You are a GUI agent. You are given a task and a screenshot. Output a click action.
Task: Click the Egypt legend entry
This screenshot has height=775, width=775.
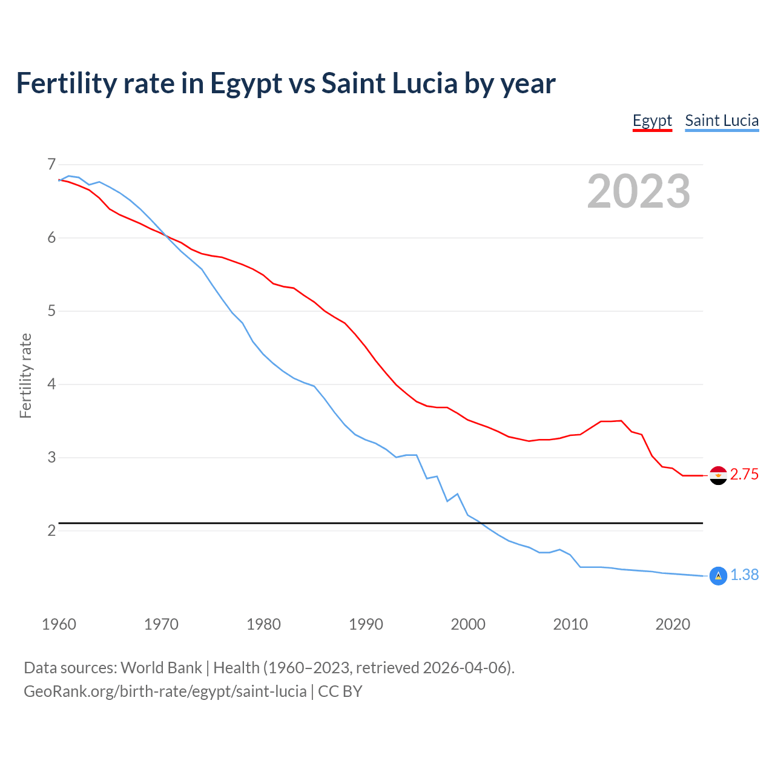tap(652, 120)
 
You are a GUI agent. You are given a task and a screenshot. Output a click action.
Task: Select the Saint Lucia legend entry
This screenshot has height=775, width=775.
tap(722, 120)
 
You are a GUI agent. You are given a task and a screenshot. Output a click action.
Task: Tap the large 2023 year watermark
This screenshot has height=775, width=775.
tap(638, 191)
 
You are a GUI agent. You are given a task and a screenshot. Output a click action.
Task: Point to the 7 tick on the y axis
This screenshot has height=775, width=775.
tap(51, 165)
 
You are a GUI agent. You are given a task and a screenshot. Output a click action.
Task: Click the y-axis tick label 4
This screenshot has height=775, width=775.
tap(51, 384)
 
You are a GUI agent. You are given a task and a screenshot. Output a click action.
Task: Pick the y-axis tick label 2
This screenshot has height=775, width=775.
tap(51, 531)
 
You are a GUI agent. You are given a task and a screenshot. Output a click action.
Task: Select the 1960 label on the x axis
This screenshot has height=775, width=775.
tap(59, 624)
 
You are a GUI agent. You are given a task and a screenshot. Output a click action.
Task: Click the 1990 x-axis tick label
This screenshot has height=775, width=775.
tap(366, 624)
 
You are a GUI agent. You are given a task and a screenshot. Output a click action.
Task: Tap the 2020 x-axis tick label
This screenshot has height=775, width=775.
tap(673, 624)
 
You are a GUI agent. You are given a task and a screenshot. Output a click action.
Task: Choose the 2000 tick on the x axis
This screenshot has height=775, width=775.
tap(468, 624)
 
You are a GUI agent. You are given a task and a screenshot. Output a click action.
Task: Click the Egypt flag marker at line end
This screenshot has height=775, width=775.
tap(718, 475)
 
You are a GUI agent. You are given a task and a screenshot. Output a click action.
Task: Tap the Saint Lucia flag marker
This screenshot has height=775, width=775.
tap(718, 576)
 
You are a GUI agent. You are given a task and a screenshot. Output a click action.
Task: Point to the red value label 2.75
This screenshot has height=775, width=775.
tap(744, 475)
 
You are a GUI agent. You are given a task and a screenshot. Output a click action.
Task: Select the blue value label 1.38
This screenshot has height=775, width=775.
tap(744, 575)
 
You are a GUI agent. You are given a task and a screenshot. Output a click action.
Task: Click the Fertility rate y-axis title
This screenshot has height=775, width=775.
tap(25, 375)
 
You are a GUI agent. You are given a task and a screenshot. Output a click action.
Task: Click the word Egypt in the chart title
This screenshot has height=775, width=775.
tap(246, 84)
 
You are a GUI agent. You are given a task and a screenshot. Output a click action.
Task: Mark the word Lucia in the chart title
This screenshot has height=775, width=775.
tap(424, 84)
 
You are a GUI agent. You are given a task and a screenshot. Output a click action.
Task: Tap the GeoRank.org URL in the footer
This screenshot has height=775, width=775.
tap(165, 691)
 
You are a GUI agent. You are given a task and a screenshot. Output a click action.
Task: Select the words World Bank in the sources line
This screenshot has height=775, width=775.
tap(161, 668)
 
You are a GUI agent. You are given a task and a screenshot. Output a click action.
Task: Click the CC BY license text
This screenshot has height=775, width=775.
tap(340, 691)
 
